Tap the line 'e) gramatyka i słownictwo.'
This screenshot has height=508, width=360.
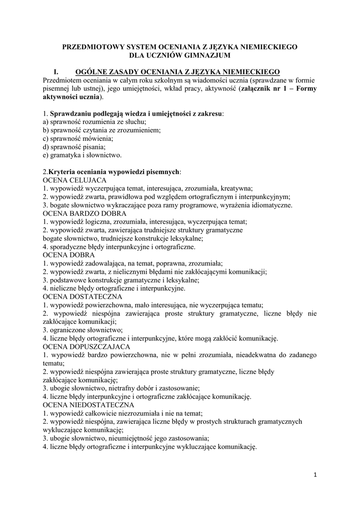pyautogui.click(x=82, y=155)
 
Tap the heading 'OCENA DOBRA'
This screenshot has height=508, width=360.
pyautogui.click(x=67, y=255)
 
